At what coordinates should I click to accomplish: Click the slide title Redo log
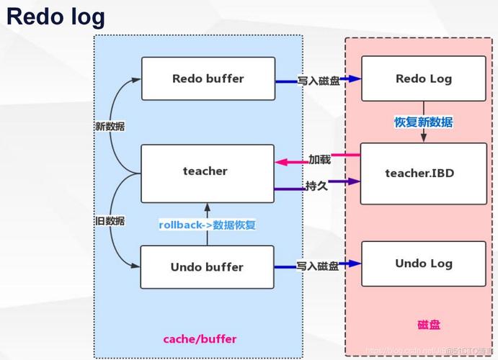pos(56,17)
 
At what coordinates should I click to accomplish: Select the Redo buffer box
pos(208,78)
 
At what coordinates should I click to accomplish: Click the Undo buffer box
pos(207,267)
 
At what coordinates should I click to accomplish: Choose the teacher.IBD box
pos(419,173)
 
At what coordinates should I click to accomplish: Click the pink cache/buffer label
pos(200,338)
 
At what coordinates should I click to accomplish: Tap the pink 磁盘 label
pos(429,325)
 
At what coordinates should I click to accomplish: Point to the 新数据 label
pos(110,126)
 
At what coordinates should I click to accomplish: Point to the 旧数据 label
pos(110,220)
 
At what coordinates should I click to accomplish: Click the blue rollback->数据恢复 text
pos(208,225)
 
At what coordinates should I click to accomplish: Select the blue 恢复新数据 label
pos(423,122)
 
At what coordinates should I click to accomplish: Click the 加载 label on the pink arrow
pos(319,160)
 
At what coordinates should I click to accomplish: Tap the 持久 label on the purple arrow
pos(318,186)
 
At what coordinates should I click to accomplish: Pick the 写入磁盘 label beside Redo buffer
pos(318,81)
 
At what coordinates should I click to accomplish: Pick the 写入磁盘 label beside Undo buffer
pos(318,266)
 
